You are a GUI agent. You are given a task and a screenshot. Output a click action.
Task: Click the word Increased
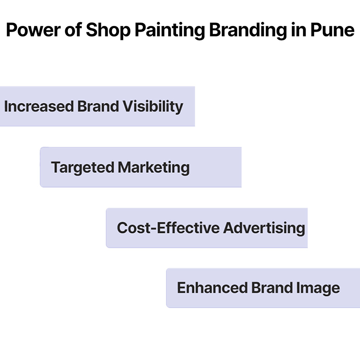(x=39, y=107)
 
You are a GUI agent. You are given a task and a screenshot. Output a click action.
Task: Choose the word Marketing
(x=153, y=168)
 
